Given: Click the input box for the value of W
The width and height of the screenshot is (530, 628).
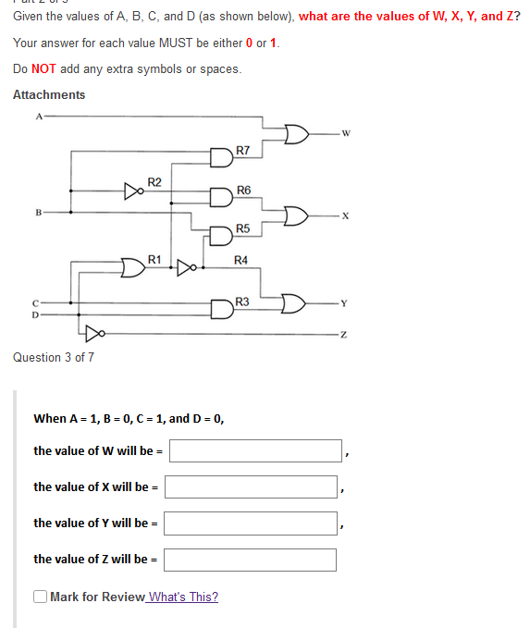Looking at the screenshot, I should (x=256, y=450).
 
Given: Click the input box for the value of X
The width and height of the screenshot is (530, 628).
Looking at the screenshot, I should (x=251, y=486).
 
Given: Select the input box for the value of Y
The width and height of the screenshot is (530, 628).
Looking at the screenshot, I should (x=251, y=523).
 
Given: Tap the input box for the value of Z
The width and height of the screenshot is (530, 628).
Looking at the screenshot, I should (x=251, y=559).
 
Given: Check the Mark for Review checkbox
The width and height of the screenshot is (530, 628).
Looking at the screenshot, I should (x=40, y=597).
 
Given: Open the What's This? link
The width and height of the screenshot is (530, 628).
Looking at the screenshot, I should (x=183, y=597).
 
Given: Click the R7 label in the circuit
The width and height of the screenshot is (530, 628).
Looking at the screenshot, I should (x=243, y=150).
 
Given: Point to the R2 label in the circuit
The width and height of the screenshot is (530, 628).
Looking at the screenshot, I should (x=154, y=181).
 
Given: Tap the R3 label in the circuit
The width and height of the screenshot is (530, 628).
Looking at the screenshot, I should (x=242, y=302).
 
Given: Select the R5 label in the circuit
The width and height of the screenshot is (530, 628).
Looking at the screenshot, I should (x=242, y=228).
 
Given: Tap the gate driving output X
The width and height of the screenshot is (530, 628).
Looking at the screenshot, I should (x=295, y=216).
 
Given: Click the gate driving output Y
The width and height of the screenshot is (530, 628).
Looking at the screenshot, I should (x=293, y=302).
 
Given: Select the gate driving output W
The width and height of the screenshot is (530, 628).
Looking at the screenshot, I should (x=295, y=134).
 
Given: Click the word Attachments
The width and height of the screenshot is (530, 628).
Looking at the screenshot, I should (x=49, y=94).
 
